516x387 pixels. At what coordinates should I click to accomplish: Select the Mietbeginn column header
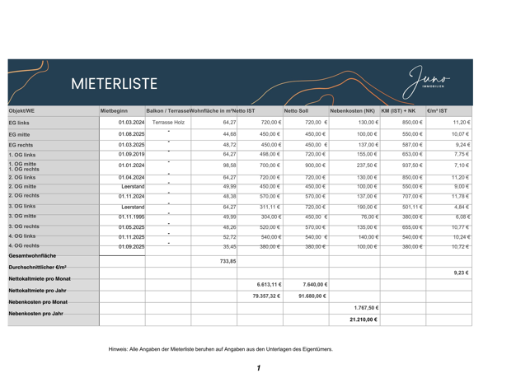(115, 110)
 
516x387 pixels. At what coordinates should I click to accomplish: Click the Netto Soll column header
(296, 110)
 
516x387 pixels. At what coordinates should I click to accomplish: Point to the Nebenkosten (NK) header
(352, 110)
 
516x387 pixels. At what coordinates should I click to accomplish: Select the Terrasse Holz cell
(168, 122)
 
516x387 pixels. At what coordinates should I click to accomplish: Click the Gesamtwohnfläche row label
(32, 256)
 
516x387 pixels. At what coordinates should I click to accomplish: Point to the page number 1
(258, 367)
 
